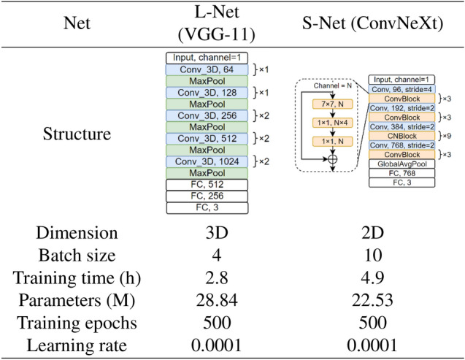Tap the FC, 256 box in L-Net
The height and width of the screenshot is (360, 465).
coord(207,196)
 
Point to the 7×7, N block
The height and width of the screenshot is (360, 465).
coord(332,104)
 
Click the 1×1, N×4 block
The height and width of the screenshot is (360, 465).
coord(332,122)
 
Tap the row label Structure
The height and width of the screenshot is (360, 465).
coord(77,134)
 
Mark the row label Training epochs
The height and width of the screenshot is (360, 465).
coord(77,323)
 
